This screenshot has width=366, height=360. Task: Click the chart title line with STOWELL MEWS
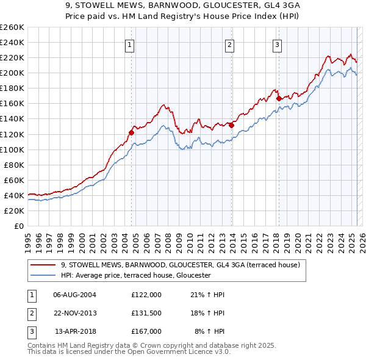pyautogui.click(x=182, y=5)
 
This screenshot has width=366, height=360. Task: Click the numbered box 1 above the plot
pyautogui.click(x=131, y=44)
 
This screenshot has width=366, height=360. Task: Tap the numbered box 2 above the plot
pyautogui.click(x=230, y=44)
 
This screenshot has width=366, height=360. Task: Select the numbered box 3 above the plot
pyautogui.click(x=277, y=44)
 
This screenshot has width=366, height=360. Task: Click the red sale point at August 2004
pyautogui.click(x=131, y=132)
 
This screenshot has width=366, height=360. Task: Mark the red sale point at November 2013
pyautogui.click(x=232, y=125)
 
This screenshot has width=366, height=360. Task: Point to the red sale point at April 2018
pyautogui.click(x=279, y=98)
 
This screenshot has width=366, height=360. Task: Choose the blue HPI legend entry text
pyautogui.click(x=135, y=276)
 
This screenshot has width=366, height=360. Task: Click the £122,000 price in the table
pyautogui.click(x=146, y=295)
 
